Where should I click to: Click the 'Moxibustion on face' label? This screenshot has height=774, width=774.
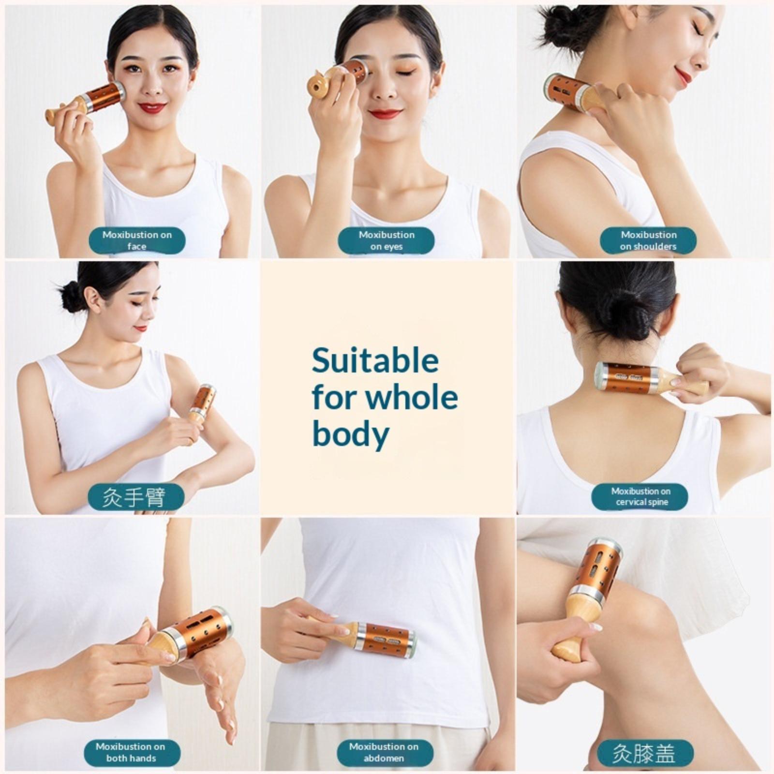(x=137, y=240)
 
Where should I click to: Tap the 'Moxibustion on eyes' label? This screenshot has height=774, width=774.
(x=386, y=240)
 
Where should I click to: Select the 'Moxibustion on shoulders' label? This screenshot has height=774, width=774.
(x=648, y=240)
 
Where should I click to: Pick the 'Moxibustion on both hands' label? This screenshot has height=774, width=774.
(x=131, y=752)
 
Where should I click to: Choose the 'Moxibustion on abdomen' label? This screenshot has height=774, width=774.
(x=384, y=752)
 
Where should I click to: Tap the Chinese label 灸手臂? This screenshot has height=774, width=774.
(x=136, y=497)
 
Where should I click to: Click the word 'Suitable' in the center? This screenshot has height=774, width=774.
(x=375, y=361)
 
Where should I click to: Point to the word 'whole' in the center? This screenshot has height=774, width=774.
(x=411, y=397)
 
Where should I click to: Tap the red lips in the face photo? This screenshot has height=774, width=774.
(x=152, y=107)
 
